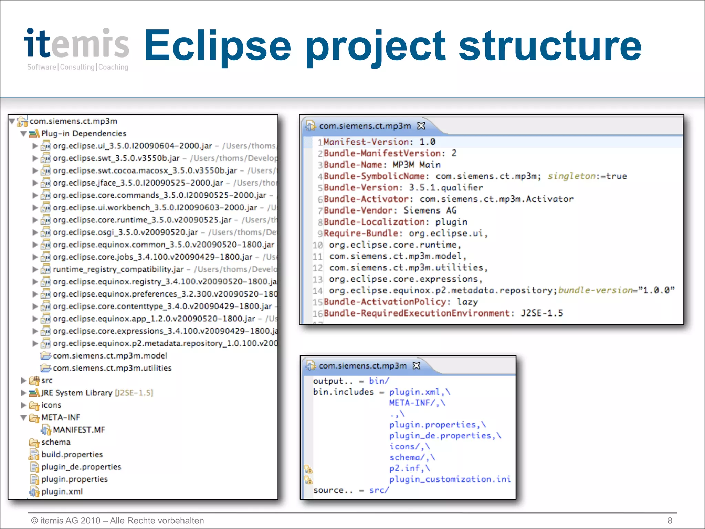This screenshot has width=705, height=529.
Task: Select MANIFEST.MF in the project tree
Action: [x=79, y=430]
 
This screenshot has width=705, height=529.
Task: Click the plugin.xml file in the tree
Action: [x=62, y=492]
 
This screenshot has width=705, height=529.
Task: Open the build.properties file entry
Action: [x=72, y=455]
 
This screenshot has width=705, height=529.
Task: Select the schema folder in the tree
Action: [x=56, y=442]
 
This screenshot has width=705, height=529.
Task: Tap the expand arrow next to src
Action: [x=23, y=381]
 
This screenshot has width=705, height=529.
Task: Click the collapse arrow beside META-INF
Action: [x=23, y=418]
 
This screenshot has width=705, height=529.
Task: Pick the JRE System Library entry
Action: [x=77, y=393]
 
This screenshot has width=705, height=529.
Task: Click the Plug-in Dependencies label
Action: [x=84, y=134]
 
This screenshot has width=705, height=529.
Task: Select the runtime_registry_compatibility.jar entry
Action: [x=118, y=269]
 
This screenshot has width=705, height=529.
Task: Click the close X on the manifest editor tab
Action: [x=421, y=126]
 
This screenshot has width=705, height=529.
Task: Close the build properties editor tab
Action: [x=417, y=366]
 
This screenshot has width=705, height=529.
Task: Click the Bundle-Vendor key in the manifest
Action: [x=358, y=210]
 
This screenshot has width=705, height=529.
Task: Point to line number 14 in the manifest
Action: [x=318, y=291]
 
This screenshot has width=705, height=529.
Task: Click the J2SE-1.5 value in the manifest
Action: [x=542, y=313]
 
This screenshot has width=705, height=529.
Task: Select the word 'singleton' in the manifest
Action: [x=571, y=176]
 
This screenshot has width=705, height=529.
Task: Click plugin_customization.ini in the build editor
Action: [x=450, y=479]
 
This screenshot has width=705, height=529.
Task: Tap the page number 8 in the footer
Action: [x=670, y=521]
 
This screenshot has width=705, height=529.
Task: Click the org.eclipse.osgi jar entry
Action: [x=125, y=232]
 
